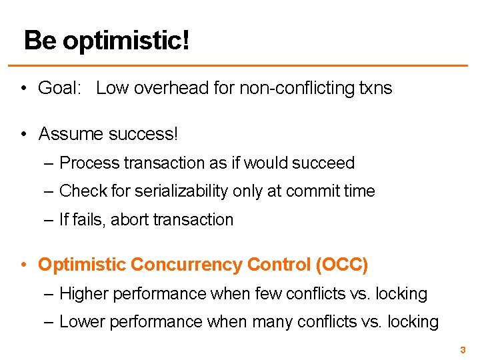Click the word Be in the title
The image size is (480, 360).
40,41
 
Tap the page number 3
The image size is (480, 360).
462,349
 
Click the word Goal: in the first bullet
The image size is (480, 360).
62,88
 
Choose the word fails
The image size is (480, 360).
85,220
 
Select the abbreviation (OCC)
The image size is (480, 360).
341,265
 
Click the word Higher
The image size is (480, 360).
83,293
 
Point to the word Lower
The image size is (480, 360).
82,322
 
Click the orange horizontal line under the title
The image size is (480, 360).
240,65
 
